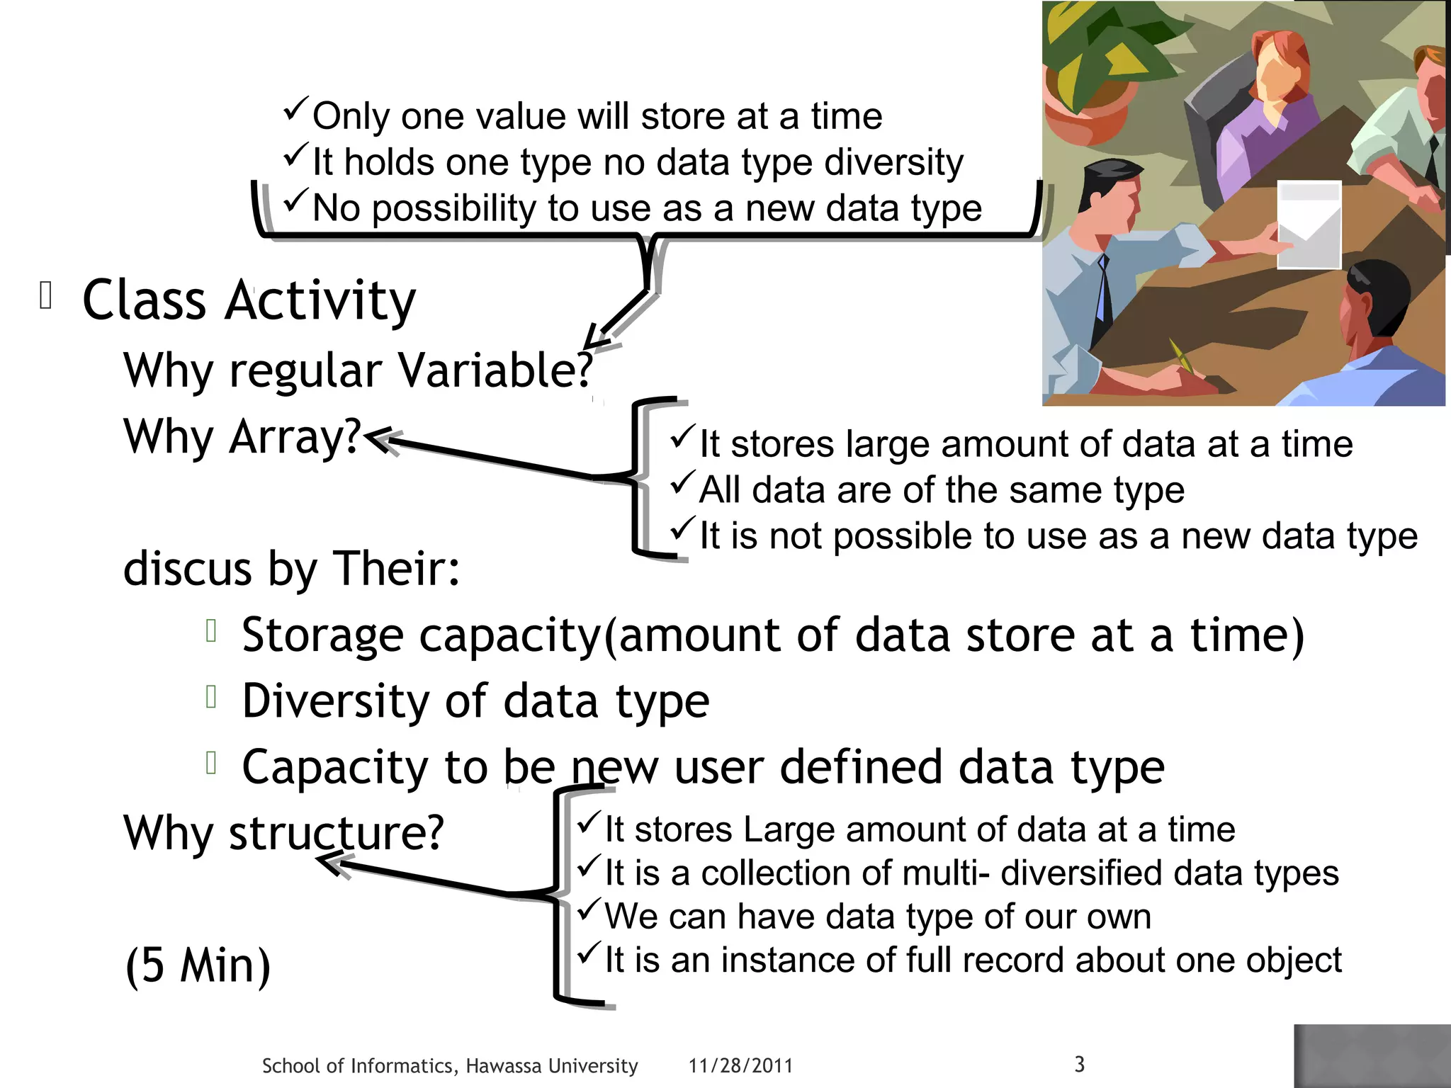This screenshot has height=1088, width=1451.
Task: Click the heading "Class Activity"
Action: tap(249, 300)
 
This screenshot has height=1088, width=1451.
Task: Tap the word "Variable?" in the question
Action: tap(495, 370)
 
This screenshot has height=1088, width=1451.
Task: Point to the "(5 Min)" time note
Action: tap(198, 965)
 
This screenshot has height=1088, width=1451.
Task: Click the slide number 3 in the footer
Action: tap(1079, 1064)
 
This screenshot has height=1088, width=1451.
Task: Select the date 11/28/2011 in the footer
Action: tap(740, 1065)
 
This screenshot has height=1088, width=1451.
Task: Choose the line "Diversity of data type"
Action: tap(475, 701)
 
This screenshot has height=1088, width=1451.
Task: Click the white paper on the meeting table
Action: tap(1309, 224)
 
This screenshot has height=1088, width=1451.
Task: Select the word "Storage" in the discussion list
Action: tap(322, 635)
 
